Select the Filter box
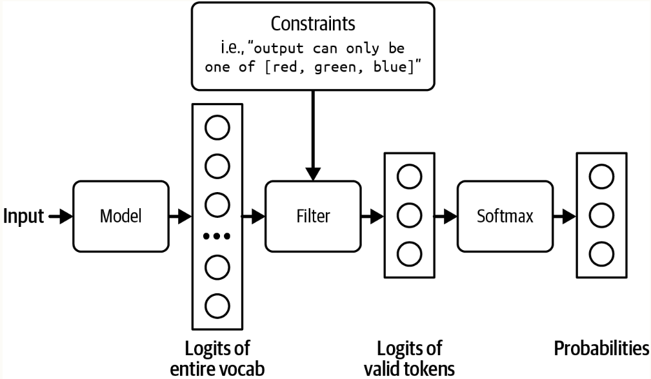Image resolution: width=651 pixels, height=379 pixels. (x=313, y=216)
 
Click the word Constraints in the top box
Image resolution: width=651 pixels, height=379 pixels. (x=312, y=24)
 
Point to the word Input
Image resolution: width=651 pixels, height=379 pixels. (x=25, y=217)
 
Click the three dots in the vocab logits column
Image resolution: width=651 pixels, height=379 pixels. (x=217, y=237)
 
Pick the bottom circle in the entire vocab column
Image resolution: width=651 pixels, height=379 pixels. (x=217, y=305)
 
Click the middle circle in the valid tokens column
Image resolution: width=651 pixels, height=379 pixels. (x=409, y=216)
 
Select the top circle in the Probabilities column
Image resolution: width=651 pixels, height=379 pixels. (x=601, y=177)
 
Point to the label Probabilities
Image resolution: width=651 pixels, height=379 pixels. (x=601, y=349)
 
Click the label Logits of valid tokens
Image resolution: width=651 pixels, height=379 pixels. (x=409, y=358)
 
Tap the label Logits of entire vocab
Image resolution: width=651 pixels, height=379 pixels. (x=217, y=358)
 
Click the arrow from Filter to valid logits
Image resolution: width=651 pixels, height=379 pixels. (x=372, y=217)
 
